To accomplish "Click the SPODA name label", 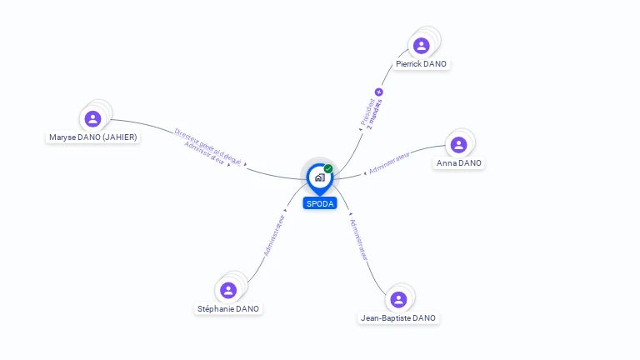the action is pyautogui.click(x=320, y=203).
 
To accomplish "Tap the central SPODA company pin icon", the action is pyautogui.click(x=320, y=177).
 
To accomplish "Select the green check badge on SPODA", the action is pyautogui.click(x=328, y=169).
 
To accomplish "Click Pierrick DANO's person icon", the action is pyautogui.click(x=422, y=46).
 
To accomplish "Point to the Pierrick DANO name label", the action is pyautogui.click(x=422, y=64).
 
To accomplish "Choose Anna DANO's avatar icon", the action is pyautogui.click(x=458, y=145).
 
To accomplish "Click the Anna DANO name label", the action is pyautogui.click(x=459, y=163).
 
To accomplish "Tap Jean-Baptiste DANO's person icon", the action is pyautogui.click(x=398, y=299).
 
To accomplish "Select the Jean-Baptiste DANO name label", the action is pyautogui.click(x=398, y=317).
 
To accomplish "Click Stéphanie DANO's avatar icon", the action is pyautogui.click(x=228, y=290).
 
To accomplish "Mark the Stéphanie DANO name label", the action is pyautogui.click(x=228, y=308).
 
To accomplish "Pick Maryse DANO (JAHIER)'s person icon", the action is pyautogui.click(x=93, y=119).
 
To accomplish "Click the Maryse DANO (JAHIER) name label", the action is pyautogui.click(x=93, y=137).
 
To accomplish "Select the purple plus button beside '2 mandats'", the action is pyautogui.click(x=379, y=92).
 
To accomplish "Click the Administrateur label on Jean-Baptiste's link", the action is pyautogui.click(x=358, y=239).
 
